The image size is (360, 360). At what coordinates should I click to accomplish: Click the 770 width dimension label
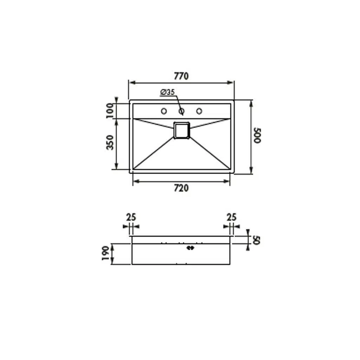pyautogui.click(x=181, y=76)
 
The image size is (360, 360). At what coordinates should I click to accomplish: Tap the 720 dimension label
pyautogui.click(x=181, y=188)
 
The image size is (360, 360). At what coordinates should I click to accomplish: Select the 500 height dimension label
pyautogui.click(x=257, y=136)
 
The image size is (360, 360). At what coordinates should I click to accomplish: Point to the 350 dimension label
pyautogui.click(x=110, y=143)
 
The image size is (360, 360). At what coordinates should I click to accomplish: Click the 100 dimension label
pyautogui.click(x=110, y=111)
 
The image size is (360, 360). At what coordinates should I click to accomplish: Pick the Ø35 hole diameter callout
pyautogui.click(x=168, y=92)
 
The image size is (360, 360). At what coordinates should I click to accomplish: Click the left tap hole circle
pyautogui.click(x=164, y=111)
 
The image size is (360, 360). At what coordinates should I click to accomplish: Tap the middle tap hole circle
pyautogui.click(x=181, y=111)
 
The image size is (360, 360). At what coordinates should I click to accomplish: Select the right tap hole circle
pyautogui.click(x=199, y=111)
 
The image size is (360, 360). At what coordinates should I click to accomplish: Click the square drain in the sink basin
pyautogui.click(x=182, y=130)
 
